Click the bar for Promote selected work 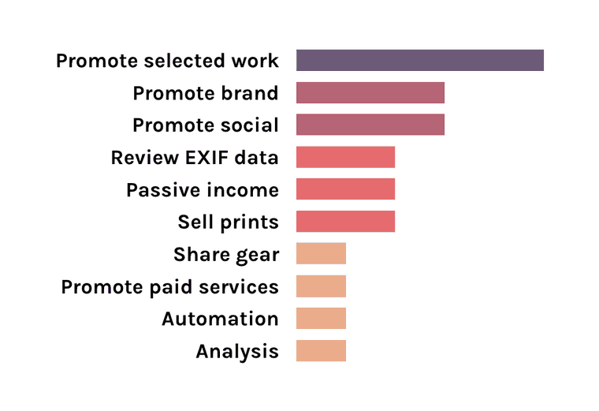(x=419, y=61)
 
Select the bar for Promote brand (x=370, y=93)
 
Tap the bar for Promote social (x=370, y=125)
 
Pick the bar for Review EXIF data (x=345, y=157)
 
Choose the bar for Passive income (x=345, y=189)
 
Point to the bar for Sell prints (x=345, y=222)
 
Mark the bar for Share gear (x=321, y=254)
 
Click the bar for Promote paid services (x=321, y=286)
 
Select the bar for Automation (x=321, y=318)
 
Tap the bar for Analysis (x=321, y=350)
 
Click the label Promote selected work (x=167, y=61)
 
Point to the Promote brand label (x=205, y=93)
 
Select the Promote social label (x=205, y=125)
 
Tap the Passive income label (x=202, y=190)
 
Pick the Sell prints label (x=228, y=222)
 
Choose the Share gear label (x=226, y=255)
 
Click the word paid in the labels (x=168, y=286)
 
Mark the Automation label (x=220, y=319)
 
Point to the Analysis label (x=237, y=351)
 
